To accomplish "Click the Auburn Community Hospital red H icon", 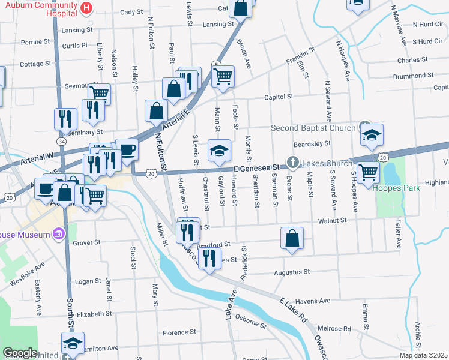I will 86,8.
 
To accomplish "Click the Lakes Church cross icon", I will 292,161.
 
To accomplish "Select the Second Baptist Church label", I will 313,128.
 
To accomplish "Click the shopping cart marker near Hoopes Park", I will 367,172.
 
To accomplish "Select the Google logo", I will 20,353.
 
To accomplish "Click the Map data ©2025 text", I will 423,355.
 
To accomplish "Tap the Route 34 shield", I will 61,141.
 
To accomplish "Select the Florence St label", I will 179,332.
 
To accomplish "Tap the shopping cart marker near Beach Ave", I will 223,76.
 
